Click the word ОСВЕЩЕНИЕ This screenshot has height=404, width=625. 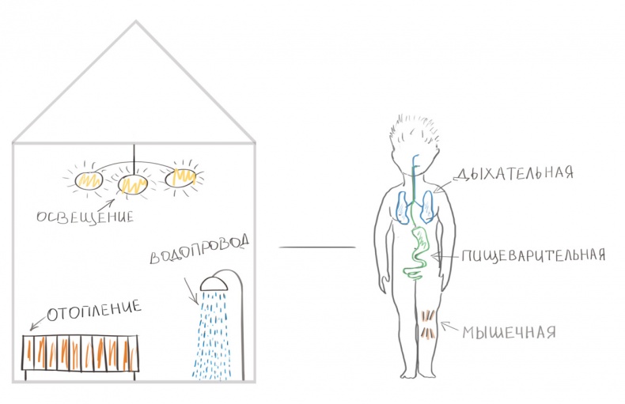point(85,217)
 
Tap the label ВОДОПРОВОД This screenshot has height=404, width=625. point(199,248)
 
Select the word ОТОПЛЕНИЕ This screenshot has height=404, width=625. point(94,310)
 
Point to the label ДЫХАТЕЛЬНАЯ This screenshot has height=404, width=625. point(513,172)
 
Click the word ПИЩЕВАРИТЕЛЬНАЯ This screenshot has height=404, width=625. point(533,255)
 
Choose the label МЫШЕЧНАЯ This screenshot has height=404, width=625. point(509,332)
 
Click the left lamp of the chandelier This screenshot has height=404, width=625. point(89,180)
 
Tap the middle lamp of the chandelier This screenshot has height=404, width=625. point(133,183)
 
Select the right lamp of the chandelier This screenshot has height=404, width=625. point(180,178)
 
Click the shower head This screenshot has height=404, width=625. point(214,283)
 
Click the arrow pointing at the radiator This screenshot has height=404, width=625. point(38,322)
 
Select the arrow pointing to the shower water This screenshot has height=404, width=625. point(191,291)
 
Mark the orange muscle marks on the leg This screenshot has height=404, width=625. point(428,324)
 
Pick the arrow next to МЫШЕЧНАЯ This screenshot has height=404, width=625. point(449,327)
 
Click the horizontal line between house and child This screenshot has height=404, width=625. point(317,247)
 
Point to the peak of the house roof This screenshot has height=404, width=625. point(136,21)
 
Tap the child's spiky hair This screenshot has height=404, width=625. point(415,133)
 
